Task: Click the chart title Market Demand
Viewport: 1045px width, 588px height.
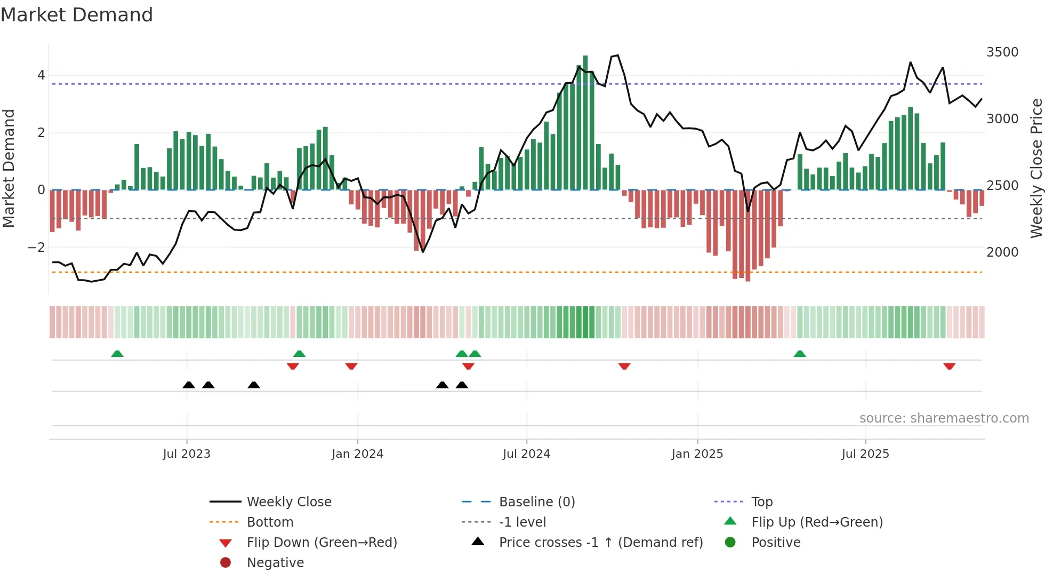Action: click(x=77, y=15)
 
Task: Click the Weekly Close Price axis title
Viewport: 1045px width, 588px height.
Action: click(x=1036, y=168)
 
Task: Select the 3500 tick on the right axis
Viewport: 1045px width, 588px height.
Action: click(x=1002, y=52)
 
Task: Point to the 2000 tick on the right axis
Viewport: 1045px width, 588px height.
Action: click(x=1002, y=252)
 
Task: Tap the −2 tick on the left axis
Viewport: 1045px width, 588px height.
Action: click(x=36, y=248)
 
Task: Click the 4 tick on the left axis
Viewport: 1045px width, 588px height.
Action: click(x=41, y=75)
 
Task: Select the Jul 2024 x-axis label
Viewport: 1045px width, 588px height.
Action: click(x=526, y=454)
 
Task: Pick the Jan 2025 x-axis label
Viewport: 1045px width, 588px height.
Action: click(x=697, y=454)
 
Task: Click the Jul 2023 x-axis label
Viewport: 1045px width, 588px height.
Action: click(x=187, y=454)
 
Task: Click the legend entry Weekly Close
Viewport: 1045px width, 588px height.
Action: click(x=288, y=502)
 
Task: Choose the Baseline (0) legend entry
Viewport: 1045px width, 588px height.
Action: click(x=536, y=502)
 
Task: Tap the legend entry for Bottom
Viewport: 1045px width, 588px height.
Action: click(x=270, y=522)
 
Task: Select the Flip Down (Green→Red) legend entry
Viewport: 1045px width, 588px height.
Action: click(x=321, y=543)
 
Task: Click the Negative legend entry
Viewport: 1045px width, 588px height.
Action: click(x=275, y=563)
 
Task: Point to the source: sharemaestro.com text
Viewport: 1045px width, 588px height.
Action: click(x=944, y=418)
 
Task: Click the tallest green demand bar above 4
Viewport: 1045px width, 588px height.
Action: click(x=585, y=123)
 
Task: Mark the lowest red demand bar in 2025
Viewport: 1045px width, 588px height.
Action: click(x=748, y=235)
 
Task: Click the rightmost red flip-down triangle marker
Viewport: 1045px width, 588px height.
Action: click(x=949, y=366)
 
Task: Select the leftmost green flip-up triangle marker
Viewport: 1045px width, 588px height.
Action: click(x=117, y=354)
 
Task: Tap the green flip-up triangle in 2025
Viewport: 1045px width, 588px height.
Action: click(x=800, y=354)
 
